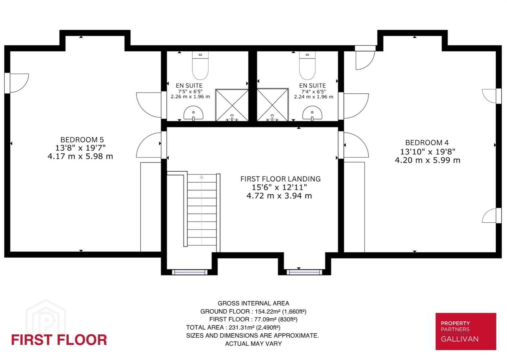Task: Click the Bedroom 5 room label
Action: tap(82, 140)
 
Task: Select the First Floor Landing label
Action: tap(280, 179)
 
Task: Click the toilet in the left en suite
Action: tap(200, 65)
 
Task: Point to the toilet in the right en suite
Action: tap(307, 65)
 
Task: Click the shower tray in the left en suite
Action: tap(232, 105)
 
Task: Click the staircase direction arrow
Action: tap(202, 210)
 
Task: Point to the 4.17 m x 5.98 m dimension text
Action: tap(80, 156)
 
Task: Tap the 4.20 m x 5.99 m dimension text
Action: tap(428, 160)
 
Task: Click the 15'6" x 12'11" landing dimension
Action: tap(279, 187)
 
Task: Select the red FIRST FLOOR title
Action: tap(59, 340)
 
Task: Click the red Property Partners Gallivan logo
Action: tap(466, 331)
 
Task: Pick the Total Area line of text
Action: tap(234, 327)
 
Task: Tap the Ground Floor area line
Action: tap(253, 312)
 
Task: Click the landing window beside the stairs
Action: tap(190, 272)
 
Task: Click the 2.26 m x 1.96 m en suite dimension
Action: tap(190, 97)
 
